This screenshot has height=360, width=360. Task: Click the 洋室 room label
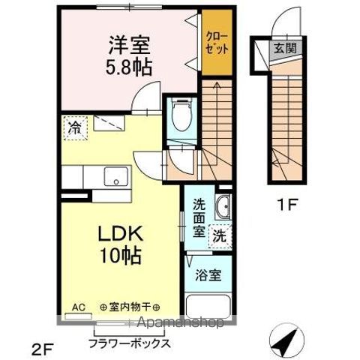point(129,45)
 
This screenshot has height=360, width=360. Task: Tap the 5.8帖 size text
point(129,67)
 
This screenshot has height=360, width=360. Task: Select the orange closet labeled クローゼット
point(217,42)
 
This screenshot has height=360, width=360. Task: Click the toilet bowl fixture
point(182,114)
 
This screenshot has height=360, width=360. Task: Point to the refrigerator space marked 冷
point(76,128)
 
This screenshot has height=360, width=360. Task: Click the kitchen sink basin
point(116,176)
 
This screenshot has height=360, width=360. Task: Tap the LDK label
point(121,233)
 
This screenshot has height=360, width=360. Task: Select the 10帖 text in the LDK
point(121,256)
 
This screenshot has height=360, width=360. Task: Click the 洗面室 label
point(199,217)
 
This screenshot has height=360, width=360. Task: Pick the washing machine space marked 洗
point(220,236)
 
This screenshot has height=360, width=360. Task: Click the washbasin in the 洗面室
point(223,206)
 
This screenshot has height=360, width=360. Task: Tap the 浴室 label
point(208,275)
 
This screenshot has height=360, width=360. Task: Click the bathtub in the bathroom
point(208,307)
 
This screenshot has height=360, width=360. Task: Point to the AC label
point(79,307)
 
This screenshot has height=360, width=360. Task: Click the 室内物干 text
point(130,307)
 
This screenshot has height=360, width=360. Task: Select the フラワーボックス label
point(130,343)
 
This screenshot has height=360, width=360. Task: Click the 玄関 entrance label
point(285,48)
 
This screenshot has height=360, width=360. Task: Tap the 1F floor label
point(287,205)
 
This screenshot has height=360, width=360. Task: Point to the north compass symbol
point(287,340)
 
